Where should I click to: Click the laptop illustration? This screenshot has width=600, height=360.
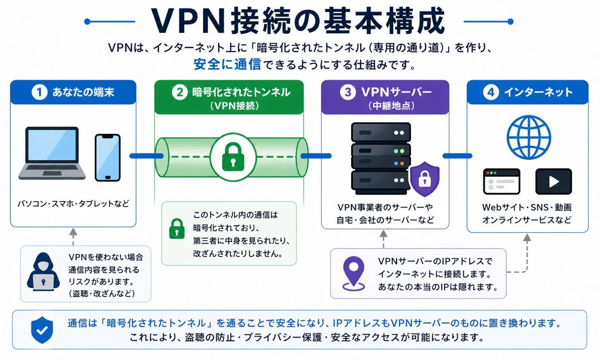[52, 153]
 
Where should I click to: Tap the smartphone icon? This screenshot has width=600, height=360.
[107, 158]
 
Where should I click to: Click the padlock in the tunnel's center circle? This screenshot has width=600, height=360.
[233, 157]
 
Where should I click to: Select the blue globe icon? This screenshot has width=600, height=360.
[528, 137]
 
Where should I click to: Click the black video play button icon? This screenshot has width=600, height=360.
[553, 181]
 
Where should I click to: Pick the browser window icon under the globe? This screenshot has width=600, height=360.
[501, 181]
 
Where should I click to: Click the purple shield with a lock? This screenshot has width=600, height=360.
[425, 179]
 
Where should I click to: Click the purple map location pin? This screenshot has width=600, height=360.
[354, 273]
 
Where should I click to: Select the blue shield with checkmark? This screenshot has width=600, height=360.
[42, 330]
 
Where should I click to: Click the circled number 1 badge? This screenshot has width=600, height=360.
[39, 92]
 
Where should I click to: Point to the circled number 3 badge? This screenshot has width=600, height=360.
[348, 92]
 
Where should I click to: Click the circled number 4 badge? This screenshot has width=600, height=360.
[491, 92]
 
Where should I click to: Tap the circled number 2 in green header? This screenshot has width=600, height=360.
[179, 92]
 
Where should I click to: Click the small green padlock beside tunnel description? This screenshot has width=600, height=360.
[177, 229]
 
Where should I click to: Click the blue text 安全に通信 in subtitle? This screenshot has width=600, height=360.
[227, 65]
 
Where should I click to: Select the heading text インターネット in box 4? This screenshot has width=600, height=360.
[538, 92]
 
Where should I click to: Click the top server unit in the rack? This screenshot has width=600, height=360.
[381, 132]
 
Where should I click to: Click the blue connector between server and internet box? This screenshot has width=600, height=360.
[457, 156]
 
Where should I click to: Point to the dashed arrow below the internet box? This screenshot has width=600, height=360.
[527, 256]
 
